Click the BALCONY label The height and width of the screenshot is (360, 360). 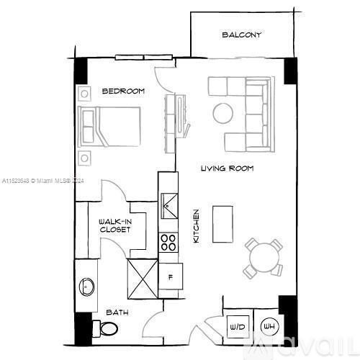click(241, 35)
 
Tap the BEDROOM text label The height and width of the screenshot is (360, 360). click(123, 91)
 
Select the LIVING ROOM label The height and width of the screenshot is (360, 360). click(227, 168)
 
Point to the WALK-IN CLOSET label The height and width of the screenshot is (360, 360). click(115, 225)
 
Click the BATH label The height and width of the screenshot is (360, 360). click(117, 312)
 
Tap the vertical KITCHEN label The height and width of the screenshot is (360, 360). click(196, 225)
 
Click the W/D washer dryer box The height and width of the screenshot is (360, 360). click(237, 326)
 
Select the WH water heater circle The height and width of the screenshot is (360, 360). click(269, 325)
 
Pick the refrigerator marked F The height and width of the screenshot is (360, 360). click(171, 276)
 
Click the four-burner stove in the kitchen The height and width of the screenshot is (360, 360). click(168, 242)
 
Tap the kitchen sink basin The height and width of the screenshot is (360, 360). click(168, 204)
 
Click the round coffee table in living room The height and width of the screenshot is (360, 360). click(222, 112)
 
